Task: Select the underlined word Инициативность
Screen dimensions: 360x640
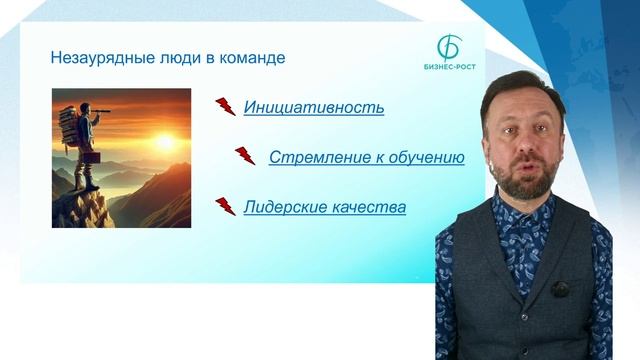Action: click(x=314, y=107)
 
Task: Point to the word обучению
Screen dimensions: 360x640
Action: click(x=429, y=157)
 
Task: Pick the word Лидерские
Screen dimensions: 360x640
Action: click(x=281, y=207)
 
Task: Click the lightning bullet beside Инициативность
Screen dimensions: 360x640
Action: click(x=225, y=106)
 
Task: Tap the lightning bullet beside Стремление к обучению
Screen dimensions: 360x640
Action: click(x=245, y=156)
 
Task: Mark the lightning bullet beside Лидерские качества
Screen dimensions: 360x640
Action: click(x=225, y=206)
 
